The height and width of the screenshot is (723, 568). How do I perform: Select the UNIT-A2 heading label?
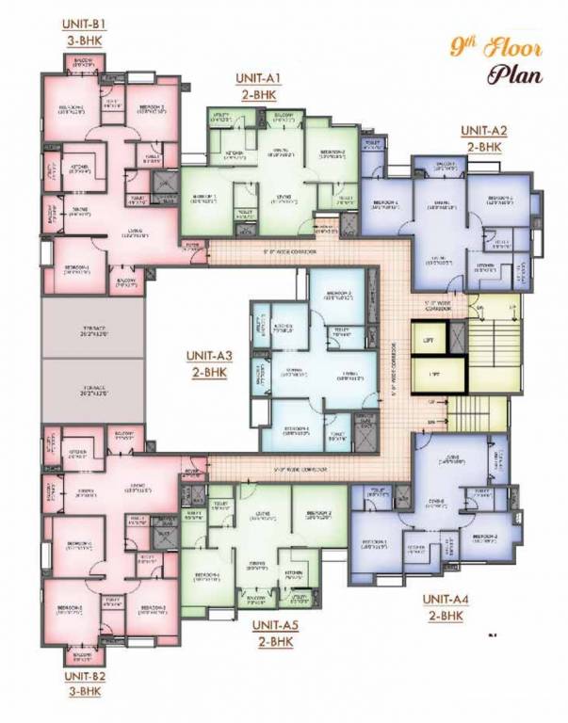click(x=484, y=131)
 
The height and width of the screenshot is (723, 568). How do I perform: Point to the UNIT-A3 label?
click(x=210, y=356)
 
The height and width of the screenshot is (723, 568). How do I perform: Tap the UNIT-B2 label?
click(x=83, y=676)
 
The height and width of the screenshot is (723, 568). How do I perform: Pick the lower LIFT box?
click(x=434, y=374)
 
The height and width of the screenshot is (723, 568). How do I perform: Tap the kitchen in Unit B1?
click(x=79, y=169)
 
